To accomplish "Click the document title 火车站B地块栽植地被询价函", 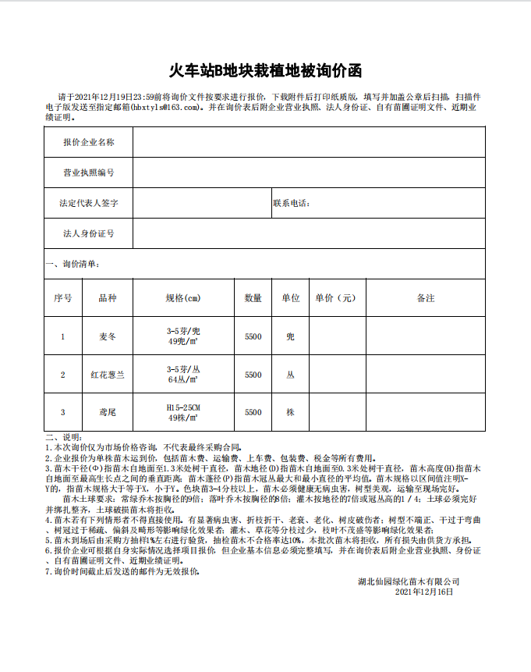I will pos(266,71).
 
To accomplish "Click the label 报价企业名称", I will pos(89,142).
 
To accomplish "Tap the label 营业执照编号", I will pos(89,172).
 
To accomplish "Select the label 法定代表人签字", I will pos(89,203).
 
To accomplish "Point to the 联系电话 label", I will pos(292,203).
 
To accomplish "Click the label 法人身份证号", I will pos(89,233).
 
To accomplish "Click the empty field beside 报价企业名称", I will pos(309,142).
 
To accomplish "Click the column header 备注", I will pos(426,298).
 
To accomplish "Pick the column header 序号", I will pos(63,298).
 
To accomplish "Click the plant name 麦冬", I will pos(108,336).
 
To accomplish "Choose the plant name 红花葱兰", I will pos(108,375).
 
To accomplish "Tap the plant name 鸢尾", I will pos(108,412).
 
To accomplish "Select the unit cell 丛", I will pos(291,375).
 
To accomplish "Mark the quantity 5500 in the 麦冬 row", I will pos(253,336).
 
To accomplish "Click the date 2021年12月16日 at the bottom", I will pos(424,592).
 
